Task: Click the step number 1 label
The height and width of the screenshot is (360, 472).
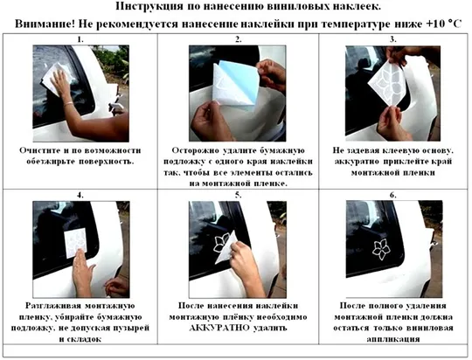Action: tap(80, 40)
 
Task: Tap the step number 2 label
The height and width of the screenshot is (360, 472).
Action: tap(237, 40)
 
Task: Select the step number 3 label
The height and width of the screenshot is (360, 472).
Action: tap(392, 40)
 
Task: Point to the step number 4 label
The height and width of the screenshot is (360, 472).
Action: tap(80, 195)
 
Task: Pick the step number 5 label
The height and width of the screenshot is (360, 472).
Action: tap(237, 195)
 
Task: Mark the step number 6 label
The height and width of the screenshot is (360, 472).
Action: tap(392, 195)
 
